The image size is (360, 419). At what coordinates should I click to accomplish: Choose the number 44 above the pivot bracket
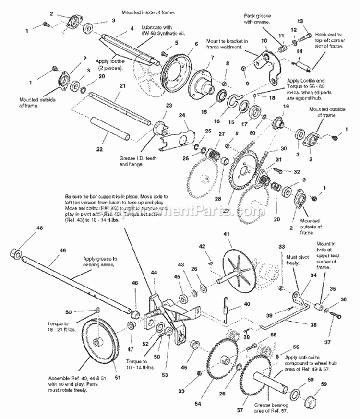(x=154, y=273)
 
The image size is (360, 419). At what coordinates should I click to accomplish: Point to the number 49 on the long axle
(x=62, y=250)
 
